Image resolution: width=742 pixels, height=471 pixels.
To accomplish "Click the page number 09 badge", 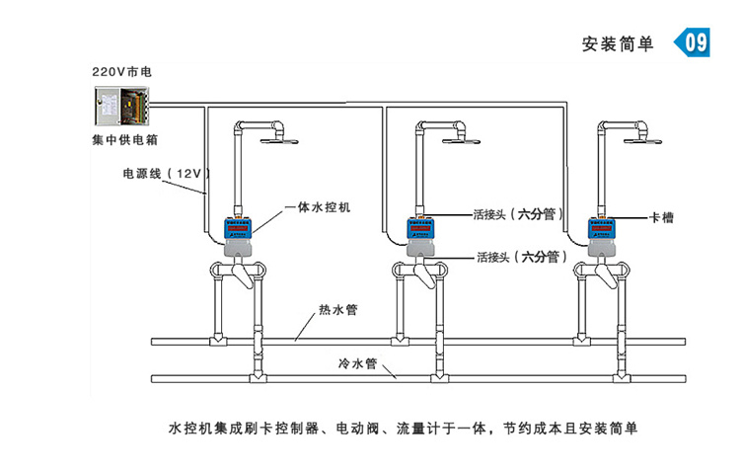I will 694,42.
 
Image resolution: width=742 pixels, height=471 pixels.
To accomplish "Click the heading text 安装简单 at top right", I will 618,44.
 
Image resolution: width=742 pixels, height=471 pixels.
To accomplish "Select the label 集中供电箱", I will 122,139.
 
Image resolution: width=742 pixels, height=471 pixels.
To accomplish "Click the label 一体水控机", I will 317,207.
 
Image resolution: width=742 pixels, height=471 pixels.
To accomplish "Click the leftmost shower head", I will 283,140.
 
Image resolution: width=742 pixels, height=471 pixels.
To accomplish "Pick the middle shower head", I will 466,140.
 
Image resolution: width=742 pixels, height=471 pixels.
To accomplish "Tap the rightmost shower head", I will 648,140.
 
